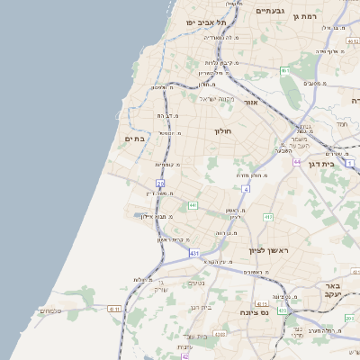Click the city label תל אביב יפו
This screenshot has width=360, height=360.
pos(203,21)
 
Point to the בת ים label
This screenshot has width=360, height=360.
pos(134,139)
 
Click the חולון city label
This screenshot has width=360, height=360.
pos(223,131)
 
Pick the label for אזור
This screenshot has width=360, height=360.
pos(250,104)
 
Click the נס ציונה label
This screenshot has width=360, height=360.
pos(256,311)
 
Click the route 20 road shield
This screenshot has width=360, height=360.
pos(160,184)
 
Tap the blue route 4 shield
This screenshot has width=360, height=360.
pos(246,189)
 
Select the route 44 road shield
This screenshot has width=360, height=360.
pos(296,162)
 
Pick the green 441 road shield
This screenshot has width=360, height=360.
pos(193,205)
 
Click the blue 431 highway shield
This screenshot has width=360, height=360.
pos(194,254)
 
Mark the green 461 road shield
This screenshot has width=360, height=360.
pos(284,70)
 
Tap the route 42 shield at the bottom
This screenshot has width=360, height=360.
pos(185,356)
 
